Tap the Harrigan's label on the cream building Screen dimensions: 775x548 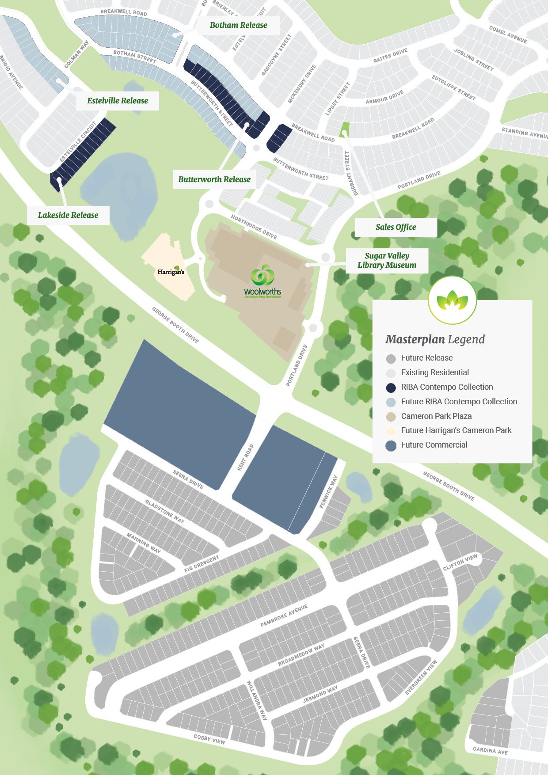pyautogui.click(x=171, y=271)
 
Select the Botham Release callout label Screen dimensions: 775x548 pyautogui.click(x=238, y=25)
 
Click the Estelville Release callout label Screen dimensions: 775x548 pyautogui.click(x=118, y=101)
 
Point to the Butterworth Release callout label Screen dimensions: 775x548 pyautogui.click(x=214, y=179)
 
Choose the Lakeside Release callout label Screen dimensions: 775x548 pyautogui.click(x=68, y=215)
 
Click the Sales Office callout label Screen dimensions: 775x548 pyautogui.click(x=396, y=227)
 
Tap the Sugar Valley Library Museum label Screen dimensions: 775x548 pyautogui.click(x=387, y=260)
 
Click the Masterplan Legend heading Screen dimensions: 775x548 pyautogui.click(x=435, y=339)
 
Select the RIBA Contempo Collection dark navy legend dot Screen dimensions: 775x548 pyautogui.click(x=391, y=387)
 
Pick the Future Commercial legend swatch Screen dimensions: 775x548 pyautogui.click(x=391, y=445)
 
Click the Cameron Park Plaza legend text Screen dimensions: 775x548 pyautogui.click(x=436, y=416)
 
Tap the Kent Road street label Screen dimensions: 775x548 pyautogui.click(x=245, y=457)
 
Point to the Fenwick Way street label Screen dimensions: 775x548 pyautogui.click(x=328, y=491)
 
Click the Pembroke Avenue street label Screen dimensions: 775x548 pyautogui.click(x=284, y=615)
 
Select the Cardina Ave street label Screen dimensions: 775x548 pyautogui.click(x=490, y=750)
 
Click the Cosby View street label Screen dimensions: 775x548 pyautogui.click(x=209, y=739)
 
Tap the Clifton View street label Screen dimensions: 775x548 pyautogui.click(x=460, y=562)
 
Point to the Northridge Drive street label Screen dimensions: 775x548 pyautogui.click(x=254, y=227)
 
